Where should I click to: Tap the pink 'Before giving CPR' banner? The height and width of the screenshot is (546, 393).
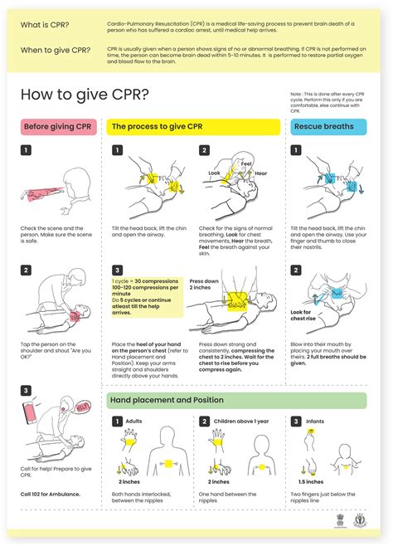(58, 127)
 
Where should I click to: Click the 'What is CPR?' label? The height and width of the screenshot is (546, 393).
(46, 27)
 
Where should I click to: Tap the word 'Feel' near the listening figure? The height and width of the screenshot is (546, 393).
(245, 164)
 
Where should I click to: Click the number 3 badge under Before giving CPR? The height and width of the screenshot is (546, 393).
(27, 390)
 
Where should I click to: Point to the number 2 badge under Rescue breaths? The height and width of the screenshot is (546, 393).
(296, 270)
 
